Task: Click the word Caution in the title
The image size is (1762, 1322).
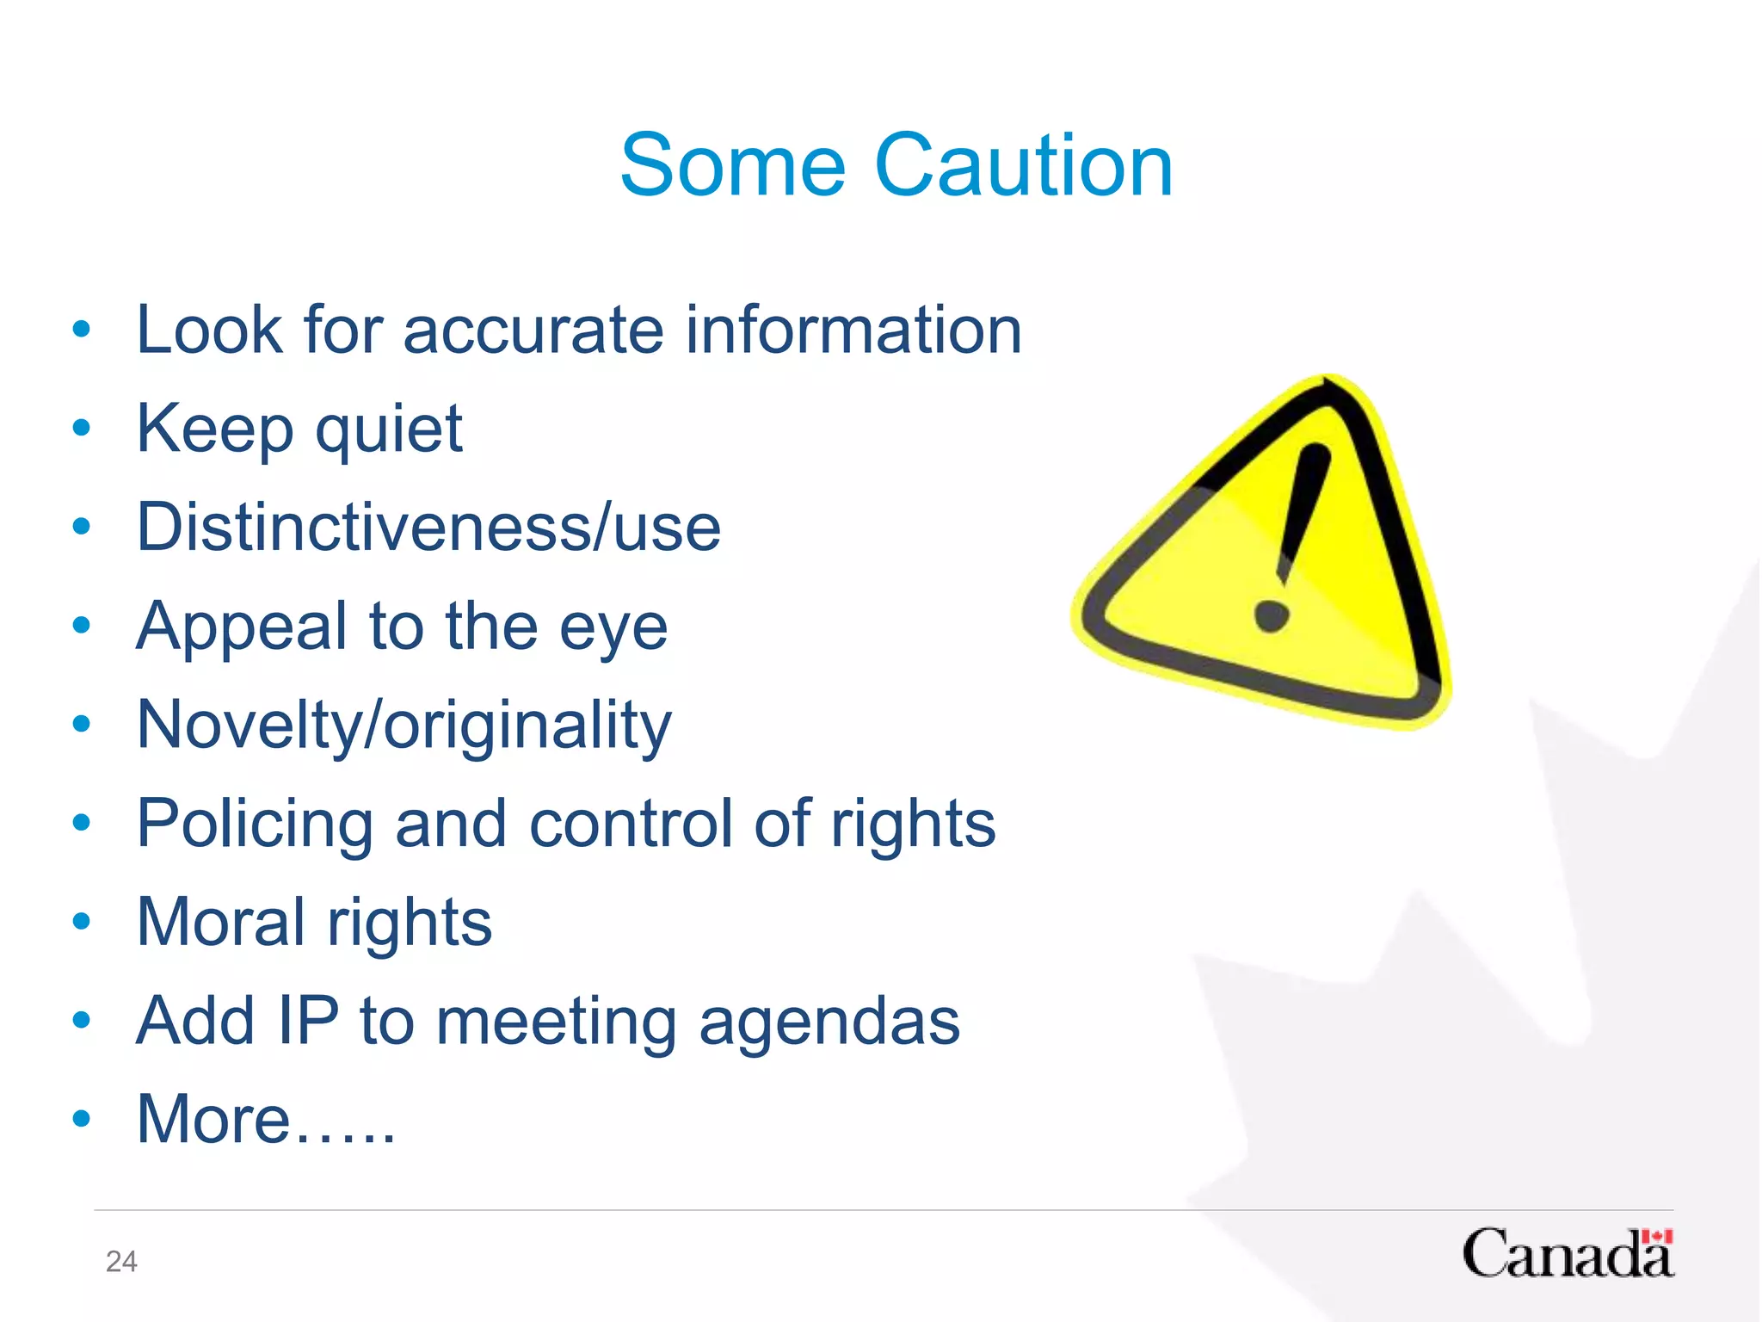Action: tap(1023, 165)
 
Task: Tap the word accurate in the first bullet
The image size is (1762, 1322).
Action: tap(533, 330)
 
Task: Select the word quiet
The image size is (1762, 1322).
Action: tap(389, 430)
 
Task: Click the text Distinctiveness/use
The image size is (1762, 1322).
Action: tap(428, 528)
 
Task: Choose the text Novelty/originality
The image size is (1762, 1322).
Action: tap(404, 726)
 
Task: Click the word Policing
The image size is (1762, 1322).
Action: tap(255, 825)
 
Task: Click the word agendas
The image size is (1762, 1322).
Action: tap(829, 1022)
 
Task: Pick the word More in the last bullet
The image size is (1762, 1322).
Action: tap(213, 1120)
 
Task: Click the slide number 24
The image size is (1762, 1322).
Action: tap(121, 1262)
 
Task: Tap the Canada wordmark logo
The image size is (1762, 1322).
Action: tap(1567, 1255)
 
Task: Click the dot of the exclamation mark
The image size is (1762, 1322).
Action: tap(1271, 615)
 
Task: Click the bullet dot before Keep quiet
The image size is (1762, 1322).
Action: tap(82, 427)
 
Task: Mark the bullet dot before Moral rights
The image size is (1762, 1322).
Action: tap(82, 921)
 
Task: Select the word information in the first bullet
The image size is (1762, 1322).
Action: tap(853, 330)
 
